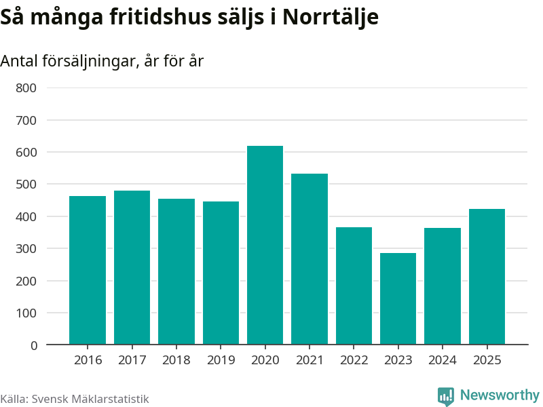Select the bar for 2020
click(x=265, y=245)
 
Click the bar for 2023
click(x=398, y=298)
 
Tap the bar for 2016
click(x=88, y=270)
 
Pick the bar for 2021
click(x=310, y=259)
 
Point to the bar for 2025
click(x=487, y=277)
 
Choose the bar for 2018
click(x=176, y=272)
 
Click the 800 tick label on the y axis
click(x=26, y=88)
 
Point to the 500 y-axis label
click(x=26, y=184)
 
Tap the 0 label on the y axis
click(x=33, y=345)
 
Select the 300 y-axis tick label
click(x=26, y=248)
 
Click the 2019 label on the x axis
click(x=221, y=360)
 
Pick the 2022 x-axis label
click(x=354, y=360)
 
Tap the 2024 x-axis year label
click(x=443, y=360)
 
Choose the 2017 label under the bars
click(x=132, y=360)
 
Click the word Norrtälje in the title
click(x=331, y=17)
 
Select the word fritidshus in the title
click(x=160, y=16)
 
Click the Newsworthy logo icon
click(x=446, y=396)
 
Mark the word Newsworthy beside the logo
click(x=500, y=395)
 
